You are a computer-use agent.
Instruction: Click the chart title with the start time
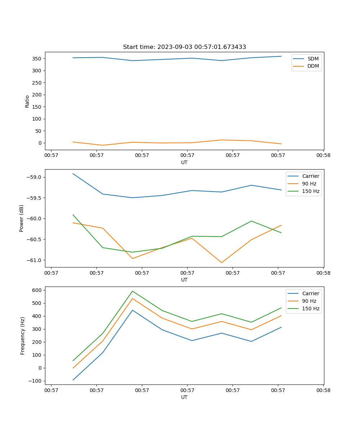[184, 47]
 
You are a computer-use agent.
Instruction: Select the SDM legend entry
[313, 58]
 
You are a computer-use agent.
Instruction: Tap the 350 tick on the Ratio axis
[37, 59]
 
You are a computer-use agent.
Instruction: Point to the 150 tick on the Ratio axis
[37, 107]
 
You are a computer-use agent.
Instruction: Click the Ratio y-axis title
[27, 102]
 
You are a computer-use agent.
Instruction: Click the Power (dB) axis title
[22, 218]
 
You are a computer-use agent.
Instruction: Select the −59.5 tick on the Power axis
[33, 198]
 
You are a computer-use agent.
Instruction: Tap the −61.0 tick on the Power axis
[33, 260]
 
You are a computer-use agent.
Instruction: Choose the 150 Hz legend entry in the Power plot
[311, 191]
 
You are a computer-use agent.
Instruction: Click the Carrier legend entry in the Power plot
[310, 176]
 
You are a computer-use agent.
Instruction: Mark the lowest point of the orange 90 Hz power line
[221, 262]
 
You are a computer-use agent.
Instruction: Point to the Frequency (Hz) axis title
[23, 336]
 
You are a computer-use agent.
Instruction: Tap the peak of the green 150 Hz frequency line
[132, 291]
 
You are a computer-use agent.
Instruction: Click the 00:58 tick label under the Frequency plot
[323, 390]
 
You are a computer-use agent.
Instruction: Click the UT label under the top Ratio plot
[184, 162]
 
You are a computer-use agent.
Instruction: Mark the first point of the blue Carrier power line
[73, 174]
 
